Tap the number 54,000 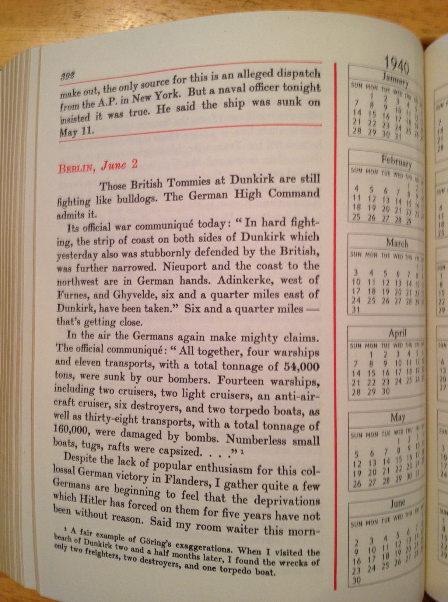tap(302, 366)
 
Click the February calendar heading tap(396, 161)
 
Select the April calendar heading tap(397, 333)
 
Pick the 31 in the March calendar tap(356, 310)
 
